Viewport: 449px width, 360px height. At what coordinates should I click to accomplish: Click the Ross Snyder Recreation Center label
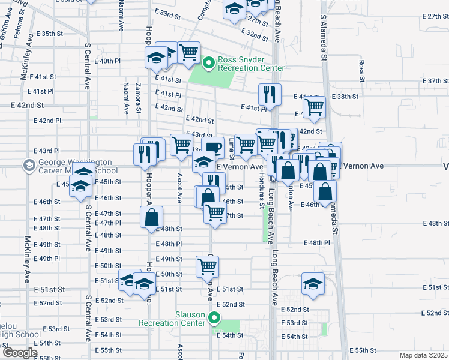pyautogui.click(x=251, y=64)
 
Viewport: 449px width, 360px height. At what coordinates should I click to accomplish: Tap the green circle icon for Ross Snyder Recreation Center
pyautogui.click(x=209, y=62)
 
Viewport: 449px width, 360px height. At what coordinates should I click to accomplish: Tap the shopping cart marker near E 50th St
pyautogui.click(x=208, y=266)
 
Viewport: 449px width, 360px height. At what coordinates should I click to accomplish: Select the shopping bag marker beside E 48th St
pyautogui.click(x=152, y=217)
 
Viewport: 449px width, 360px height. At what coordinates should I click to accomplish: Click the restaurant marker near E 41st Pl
pyautogui.click(x=270, y=94)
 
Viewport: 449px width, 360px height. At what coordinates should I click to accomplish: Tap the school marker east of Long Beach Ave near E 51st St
pyautogui.click(x=313, y=284)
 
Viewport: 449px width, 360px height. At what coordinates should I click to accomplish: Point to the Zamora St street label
pyautogui.click(x=138, y=98)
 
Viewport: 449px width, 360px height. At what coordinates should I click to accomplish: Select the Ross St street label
pyautogui.click(x=361, y=70)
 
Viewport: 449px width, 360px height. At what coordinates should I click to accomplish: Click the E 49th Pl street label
pyautogui.click(x=48, y=259)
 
